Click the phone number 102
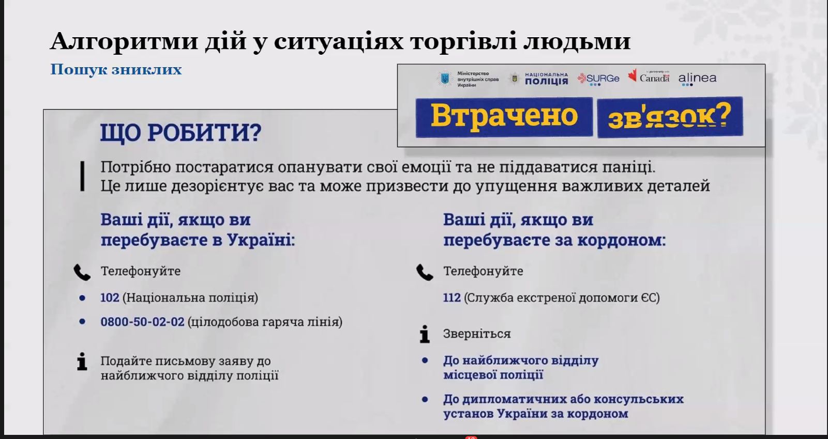(x=110, y=297)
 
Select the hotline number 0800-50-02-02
(x=142, y=322)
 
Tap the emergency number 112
(x=452, y=297)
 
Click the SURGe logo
(x=598, y=79)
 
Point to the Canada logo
(x=649, y=76)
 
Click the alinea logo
(x=697, y=79)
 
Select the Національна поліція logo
(x=540, y=79)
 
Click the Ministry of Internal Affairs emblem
(x=445, y=79)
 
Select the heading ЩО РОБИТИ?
(x=181, y=133)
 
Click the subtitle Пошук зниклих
(x=116, y=70)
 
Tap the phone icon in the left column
(x=82, y=273)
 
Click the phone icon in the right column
(x=425, y=273)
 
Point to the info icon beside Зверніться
(x=425, y=334)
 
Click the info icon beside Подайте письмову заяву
(x=82, y=361)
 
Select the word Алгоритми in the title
(x=125, y=41)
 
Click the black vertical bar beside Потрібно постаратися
(x=82, y=176)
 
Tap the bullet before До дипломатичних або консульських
(x=425, y=399)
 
